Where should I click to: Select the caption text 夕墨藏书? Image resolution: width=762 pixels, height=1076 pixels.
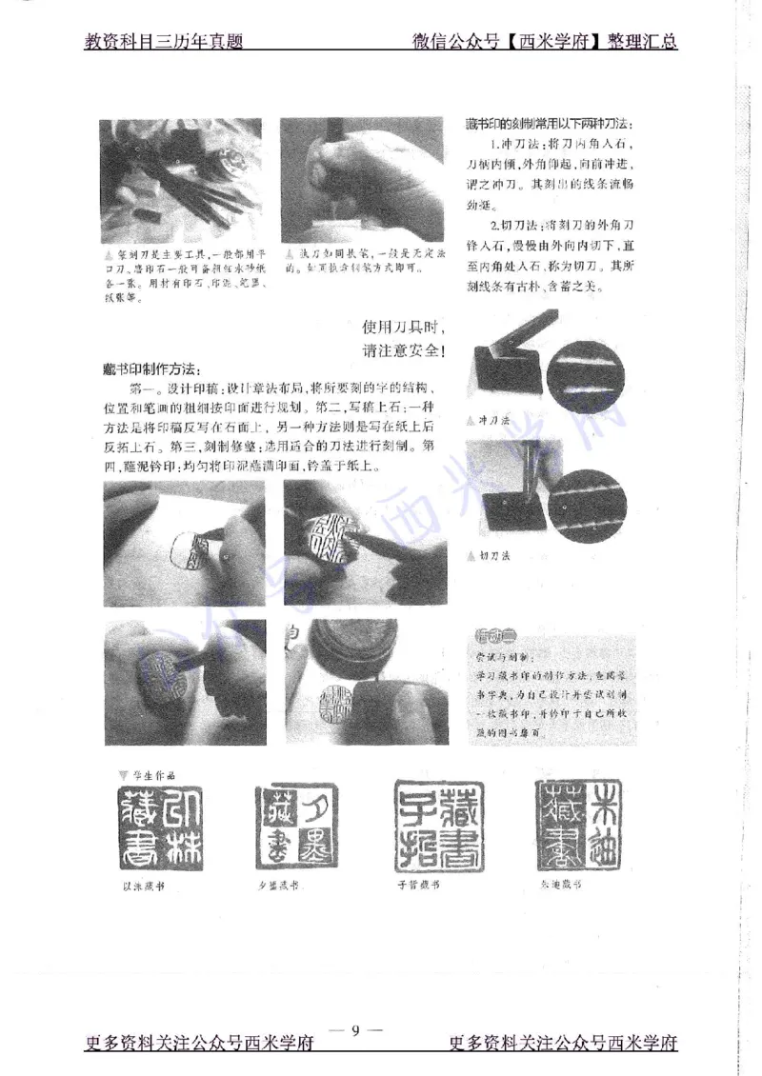click(x=278, y=885)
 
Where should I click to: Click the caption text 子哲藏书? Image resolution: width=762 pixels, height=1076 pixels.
click(x=420, y=885)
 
